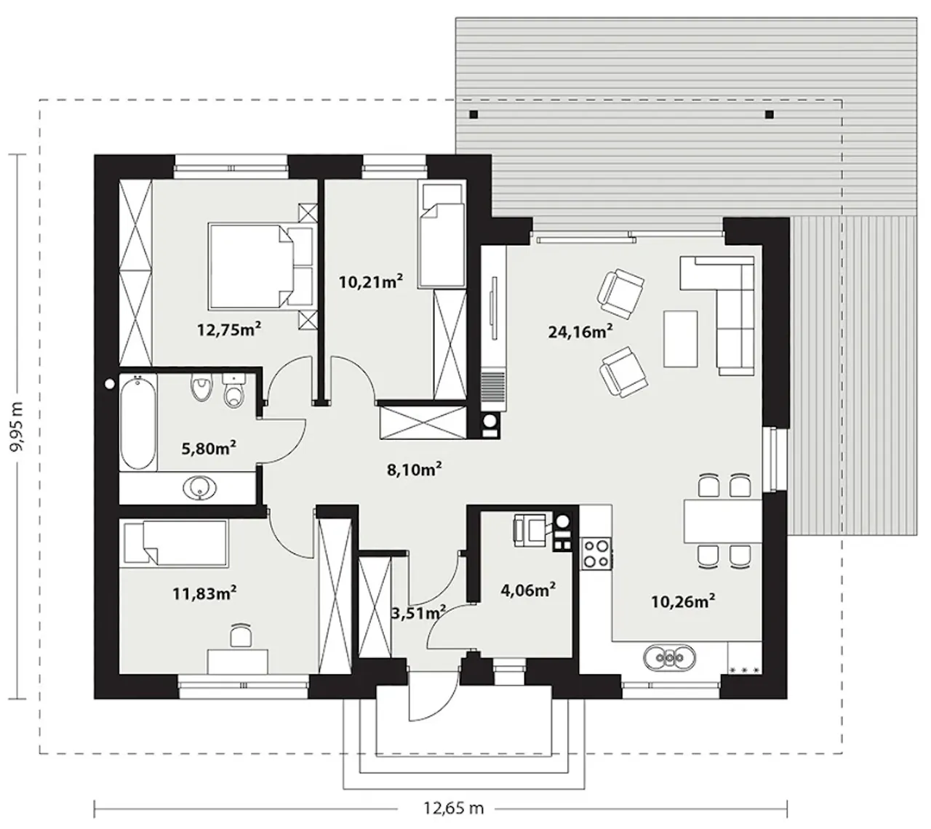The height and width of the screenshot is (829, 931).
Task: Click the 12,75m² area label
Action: point(229,329)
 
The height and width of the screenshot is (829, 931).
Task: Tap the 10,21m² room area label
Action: point(371,281)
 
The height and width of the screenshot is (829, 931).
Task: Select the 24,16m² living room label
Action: point(580,330)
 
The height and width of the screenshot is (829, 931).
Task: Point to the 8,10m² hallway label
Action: point(414,470)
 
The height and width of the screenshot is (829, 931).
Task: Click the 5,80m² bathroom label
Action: point(209,447)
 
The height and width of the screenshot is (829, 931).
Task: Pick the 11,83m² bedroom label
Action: point(204,593)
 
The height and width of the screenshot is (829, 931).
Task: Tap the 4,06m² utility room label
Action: point(528,590)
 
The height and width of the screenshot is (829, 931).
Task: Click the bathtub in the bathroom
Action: point(138,422)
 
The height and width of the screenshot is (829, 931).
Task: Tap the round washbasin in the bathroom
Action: point(200,486)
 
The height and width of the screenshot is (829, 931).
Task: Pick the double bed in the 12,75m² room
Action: point(261,266)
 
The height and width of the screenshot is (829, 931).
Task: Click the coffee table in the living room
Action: point(680,339)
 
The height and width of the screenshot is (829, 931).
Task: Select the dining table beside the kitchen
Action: point(723,521)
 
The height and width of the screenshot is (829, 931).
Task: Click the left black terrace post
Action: point(474,114)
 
